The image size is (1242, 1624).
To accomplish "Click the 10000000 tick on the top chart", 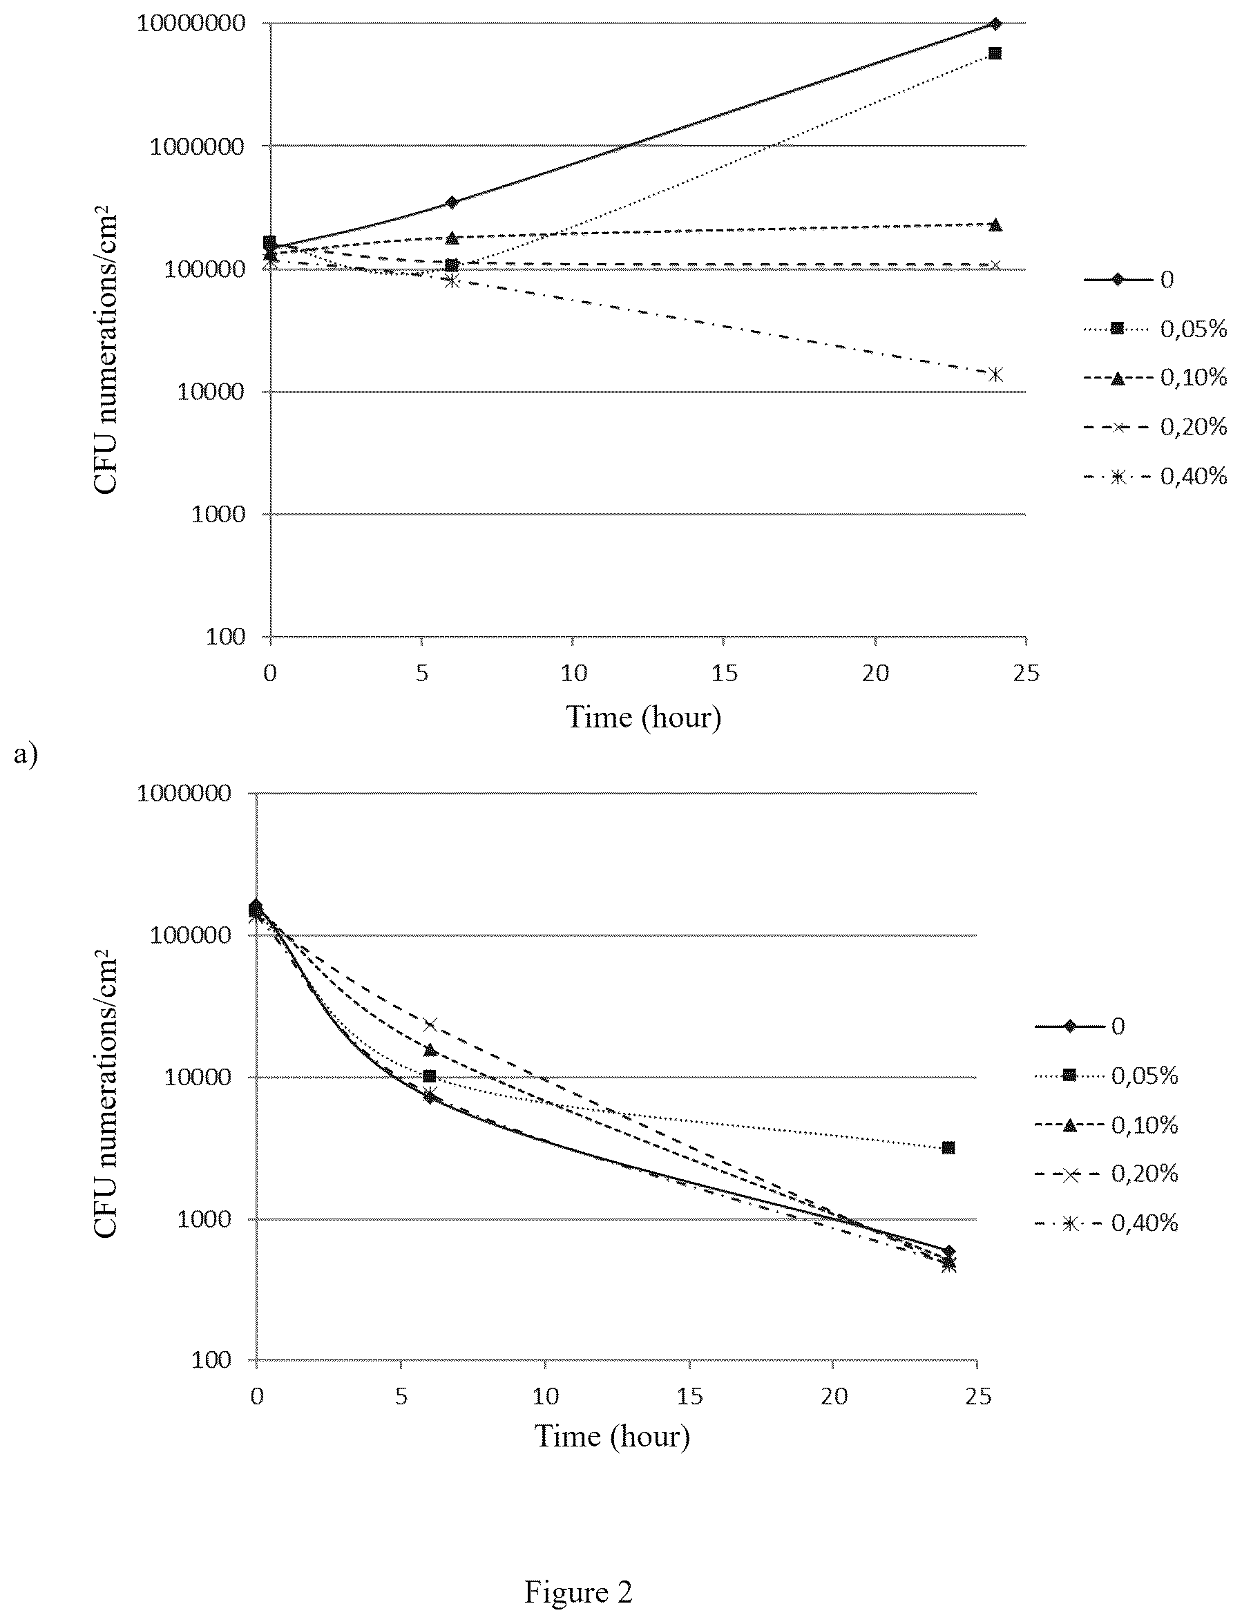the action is coord(191,23).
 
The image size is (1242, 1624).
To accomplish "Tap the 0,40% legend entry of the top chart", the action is coord(1156,477).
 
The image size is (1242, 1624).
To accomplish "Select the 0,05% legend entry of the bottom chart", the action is coord(1106,1076).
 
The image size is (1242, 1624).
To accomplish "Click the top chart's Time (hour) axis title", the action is coord(643,717).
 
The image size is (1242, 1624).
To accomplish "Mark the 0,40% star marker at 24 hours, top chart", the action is coord(995,374).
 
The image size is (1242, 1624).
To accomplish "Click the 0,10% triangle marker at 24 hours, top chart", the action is coord(995,225).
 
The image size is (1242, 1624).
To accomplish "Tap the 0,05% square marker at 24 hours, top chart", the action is coord(995,53).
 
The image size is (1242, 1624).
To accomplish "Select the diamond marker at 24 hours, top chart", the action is coord(995,23).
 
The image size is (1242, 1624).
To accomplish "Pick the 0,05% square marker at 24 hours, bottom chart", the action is coord(948,1147).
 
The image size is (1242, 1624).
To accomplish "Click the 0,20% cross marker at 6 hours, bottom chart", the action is coord(430,1024).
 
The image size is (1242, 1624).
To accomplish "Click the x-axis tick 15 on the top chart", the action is coord(725,673).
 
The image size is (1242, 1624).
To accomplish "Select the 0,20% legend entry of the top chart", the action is coord(1156,426).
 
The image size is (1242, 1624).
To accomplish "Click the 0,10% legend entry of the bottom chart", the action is coord(1106,1125).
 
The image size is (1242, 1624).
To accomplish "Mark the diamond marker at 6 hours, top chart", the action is coord(452,202).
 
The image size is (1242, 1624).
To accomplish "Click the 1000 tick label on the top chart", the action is coord(218,514).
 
